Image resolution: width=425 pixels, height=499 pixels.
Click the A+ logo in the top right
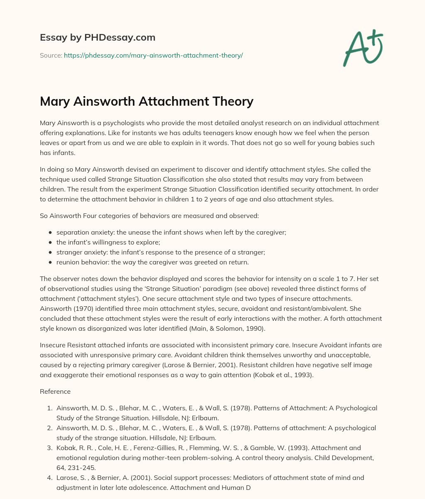point(363,47)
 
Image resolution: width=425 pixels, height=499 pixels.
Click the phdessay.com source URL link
point(153,55)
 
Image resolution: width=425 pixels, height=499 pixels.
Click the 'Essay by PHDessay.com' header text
point(98,38)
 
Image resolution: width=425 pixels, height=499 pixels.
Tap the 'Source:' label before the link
point(51,55)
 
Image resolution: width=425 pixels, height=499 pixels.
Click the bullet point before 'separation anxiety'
point(50,233)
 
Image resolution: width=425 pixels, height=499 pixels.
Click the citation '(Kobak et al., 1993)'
point(277,375)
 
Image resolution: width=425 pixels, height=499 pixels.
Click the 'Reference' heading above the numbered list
point(55,391)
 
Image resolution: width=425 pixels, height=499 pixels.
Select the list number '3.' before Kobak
point(51,448)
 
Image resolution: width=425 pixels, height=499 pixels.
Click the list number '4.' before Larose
point(51,477)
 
